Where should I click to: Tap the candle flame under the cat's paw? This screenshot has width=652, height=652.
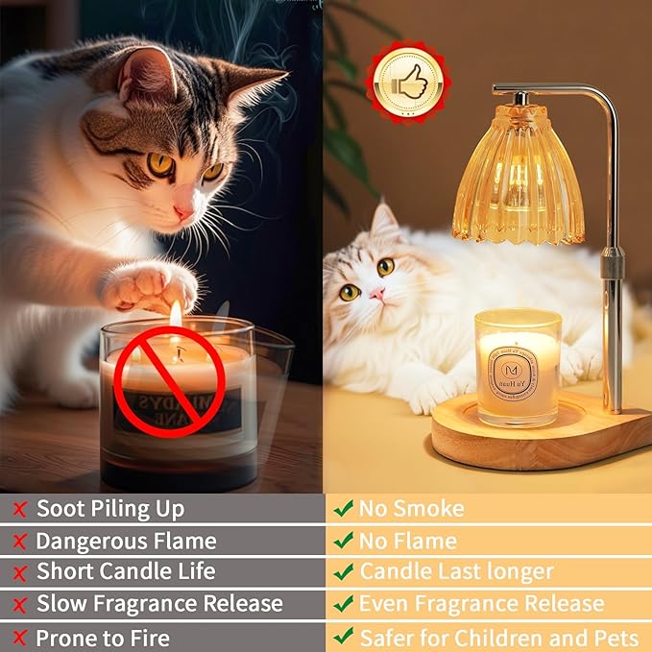175,315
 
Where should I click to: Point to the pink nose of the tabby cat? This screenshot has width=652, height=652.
181,212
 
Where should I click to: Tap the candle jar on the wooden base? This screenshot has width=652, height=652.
518,367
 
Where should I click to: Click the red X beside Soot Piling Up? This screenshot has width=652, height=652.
18,509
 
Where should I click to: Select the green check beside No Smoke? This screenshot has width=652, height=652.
343,509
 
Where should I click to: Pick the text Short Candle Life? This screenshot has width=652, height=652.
126,572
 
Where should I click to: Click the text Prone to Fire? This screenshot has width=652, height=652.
102,637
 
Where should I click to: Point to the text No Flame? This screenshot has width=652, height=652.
408,541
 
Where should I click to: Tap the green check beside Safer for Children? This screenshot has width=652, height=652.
343,637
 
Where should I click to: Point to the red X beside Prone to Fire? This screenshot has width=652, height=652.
18,637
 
